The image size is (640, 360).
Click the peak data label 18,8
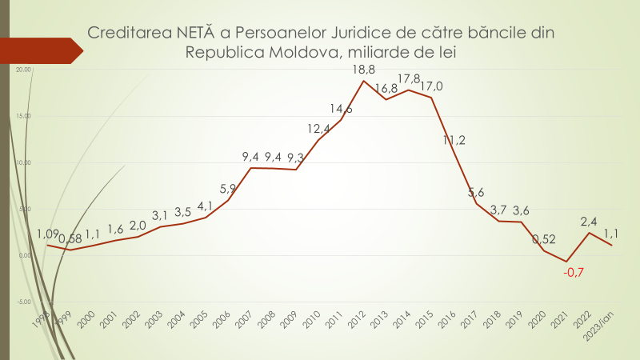click(364, 70)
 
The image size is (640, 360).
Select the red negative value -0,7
click(573, 273)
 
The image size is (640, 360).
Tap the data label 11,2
click(454, 141)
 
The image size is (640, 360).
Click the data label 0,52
click(544, 238)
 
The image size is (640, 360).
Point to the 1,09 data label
click(48, 234)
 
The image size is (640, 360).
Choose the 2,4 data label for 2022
click(589, 220)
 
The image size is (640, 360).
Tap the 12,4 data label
click(318, 129)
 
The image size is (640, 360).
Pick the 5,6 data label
click(476, 192)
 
